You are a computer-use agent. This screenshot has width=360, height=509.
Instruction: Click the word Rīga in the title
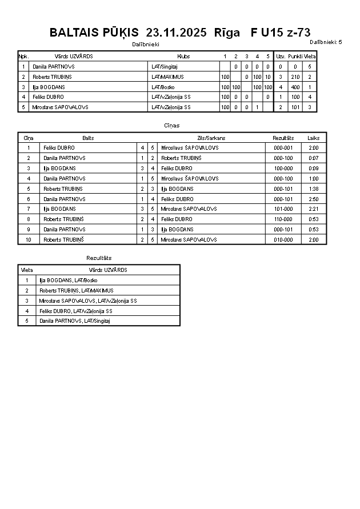[227, 33]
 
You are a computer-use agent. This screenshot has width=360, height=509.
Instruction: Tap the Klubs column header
[184, 57]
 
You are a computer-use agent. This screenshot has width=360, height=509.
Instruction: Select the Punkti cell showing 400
[295, 87]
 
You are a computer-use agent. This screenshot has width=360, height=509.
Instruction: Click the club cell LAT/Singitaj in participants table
[165, 67]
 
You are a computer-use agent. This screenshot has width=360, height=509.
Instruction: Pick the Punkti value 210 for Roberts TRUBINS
[295, 77]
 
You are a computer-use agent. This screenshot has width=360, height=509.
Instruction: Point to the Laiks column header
[313, 138]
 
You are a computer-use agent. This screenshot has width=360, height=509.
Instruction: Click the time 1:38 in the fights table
[313, 189]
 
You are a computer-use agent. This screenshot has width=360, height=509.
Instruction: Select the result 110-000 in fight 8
[283, 219]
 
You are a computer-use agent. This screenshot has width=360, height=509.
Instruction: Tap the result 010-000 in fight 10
[283, 240]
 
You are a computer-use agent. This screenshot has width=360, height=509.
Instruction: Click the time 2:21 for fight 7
[313, 209]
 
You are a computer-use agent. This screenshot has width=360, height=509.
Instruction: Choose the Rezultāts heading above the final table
[99, 258]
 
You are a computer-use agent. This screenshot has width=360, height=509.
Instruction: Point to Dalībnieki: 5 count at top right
[326, 42]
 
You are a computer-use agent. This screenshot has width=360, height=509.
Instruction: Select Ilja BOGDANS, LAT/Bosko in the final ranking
[69, 280]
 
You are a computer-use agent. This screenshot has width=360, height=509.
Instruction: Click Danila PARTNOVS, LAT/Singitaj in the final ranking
[74, 321]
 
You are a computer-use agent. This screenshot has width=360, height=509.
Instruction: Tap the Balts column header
[88, 138]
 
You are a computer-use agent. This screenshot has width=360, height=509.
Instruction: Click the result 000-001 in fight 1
[283, 148]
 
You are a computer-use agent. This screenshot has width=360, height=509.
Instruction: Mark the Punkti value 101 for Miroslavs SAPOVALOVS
[295, 107]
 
